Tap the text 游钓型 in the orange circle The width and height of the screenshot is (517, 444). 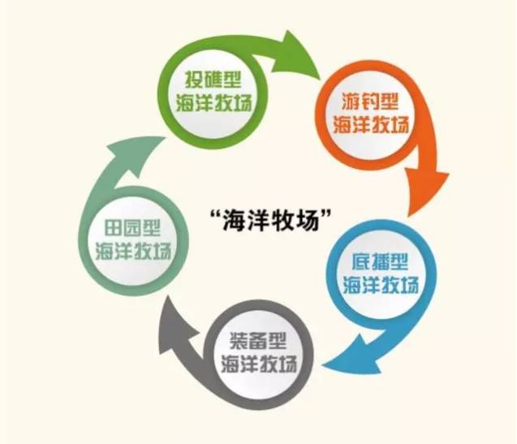[370, 106]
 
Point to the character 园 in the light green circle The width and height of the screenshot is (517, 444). [134, 228]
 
